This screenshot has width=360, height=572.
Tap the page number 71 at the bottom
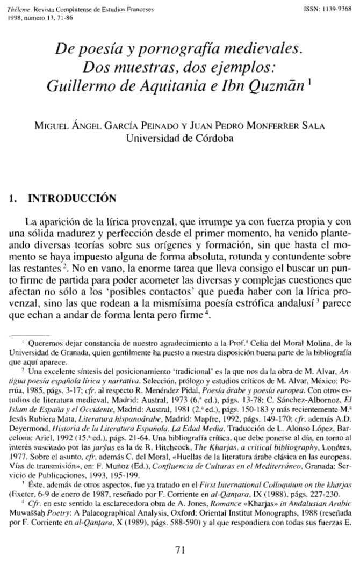point(181,549)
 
